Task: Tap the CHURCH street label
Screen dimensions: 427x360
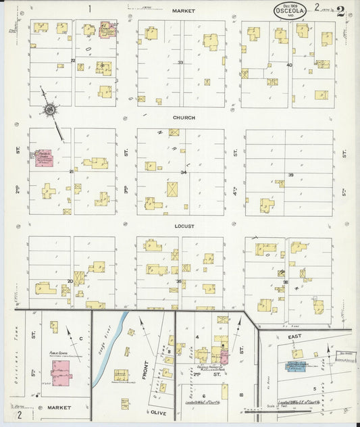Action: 183,118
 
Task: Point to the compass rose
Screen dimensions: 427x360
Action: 51,108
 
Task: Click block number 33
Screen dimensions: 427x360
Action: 180,63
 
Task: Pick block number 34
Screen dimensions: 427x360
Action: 182,172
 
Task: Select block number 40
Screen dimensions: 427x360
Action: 289,65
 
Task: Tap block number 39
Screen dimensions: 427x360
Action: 290,175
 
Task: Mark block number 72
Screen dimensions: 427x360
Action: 72,61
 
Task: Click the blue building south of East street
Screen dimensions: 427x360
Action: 296,367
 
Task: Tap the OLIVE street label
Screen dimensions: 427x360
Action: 158,411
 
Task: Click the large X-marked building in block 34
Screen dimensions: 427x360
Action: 174,190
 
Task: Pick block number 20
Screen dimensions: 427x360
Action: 70,280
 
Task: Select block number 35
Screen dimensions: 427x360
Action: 179,280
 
